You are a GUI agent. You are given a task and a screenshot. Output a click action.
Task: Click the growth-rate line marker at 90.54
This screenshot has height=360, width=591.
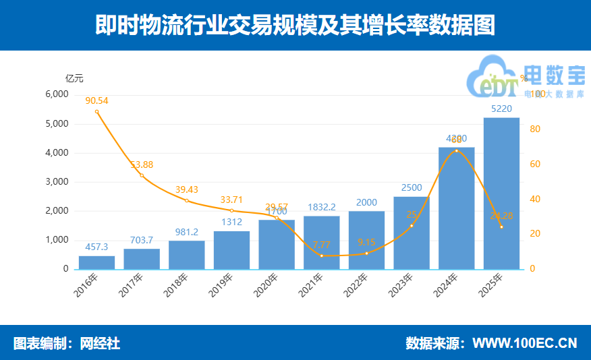point(96,111)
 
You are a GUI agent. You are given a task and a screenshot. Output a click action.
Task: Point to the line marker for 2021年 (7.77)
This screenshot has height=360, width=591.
point(322,256)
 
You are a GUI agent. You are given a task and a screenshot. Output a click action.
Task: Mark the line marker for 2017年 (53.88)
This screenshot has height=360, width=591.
point(142,175)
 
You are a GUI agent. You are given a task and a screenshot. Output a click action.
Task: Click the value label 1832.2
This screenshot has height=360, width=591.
point(321,208)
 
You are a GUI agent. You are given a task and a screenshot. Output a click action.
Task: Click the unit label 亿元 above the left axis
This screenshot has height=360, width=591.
point(74,78)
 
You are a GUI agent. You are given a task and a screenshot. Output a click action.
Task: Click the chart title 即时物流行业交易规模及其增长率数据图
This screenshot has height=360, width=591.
point(295,25)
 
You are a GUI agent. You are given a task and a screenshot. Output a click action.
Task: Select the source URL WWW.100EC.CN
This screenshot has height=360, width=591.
point(524,343)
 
